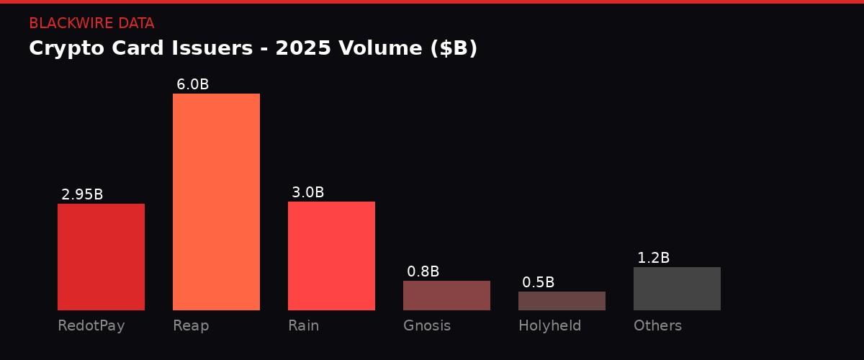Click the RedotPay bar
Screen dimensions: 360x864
pyautogui.click(x=101, y=257)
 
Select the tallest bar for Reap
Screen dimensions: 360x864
pyautogui.click(x=216, y=202)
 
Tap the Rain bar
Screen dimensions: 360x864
pyautogui.click(x=331, y=256)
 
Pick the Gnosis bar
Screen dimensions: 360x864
pyautogui.click(x=446, y=295)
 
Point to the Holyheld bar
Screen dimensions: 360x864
pyautogui.click(x=562, y=301)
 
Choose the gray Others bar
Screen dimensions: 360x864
pyautogui.click(x=677, y=289)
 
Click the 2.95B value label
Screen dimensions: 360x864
pyautogui.click(x=82, y=194)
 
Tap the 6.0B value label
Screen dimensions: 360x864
pyautogui.click(x=192, y=84)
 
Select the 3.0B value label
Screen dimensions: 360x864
pyautogui.click(x=307, y=192)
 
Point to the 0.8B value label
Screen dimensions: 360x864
pyautogui.click(x=423, y=271)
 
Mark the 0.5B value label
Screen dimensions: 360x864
pyautogui.click(x=538, y=282)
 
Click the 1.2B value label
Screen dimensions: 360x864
pyautogui.click(x=653, y=258)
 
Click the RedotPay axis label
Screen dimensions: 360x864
pyautogui.click(x=91, y=325)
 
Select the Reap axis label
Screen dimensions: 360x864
pyautogui.click(x=191, y=325)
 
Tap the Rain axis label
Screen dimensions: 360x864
pyautogui.click(x=303, y=325)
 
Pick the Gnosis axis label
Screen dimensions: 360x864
pyautogui.click(x=427, y=325)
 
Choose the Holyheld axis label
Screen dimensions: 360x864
pyautogui.click(x=549, y=325)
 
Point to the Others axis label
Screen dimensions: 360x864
pyautogui.click(x=657, y=325)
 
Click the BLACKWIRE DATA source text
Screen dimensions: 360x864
pyautogui.click(x=91, y=23)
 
